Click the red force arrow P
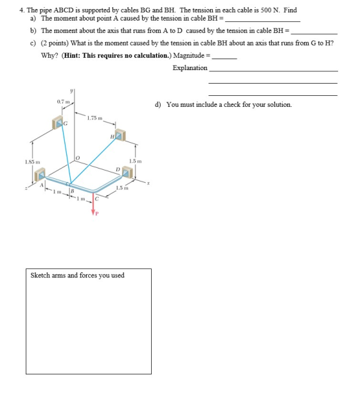point(93,203)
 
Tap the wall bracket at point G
point(58,122)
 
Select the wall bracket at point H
point(120,135)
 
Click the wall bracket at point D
point(127,172)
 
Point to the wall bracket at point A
point(40,174)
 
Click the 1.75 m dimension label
point(94,118)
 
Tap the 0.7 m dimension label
point(64,102)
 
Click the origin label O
point(78,158)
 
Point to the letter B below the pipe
point(73,191)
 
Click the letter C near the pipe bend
point(96,199)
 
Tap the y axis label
point(71,91)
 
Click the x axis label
point(148,183)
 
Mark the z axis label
point(26,188)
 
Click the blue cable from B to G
point(66,154)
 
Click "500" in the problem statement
point(265,10)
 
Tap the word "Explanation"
point(190,68)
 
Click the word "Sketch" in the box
point(40,275)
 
